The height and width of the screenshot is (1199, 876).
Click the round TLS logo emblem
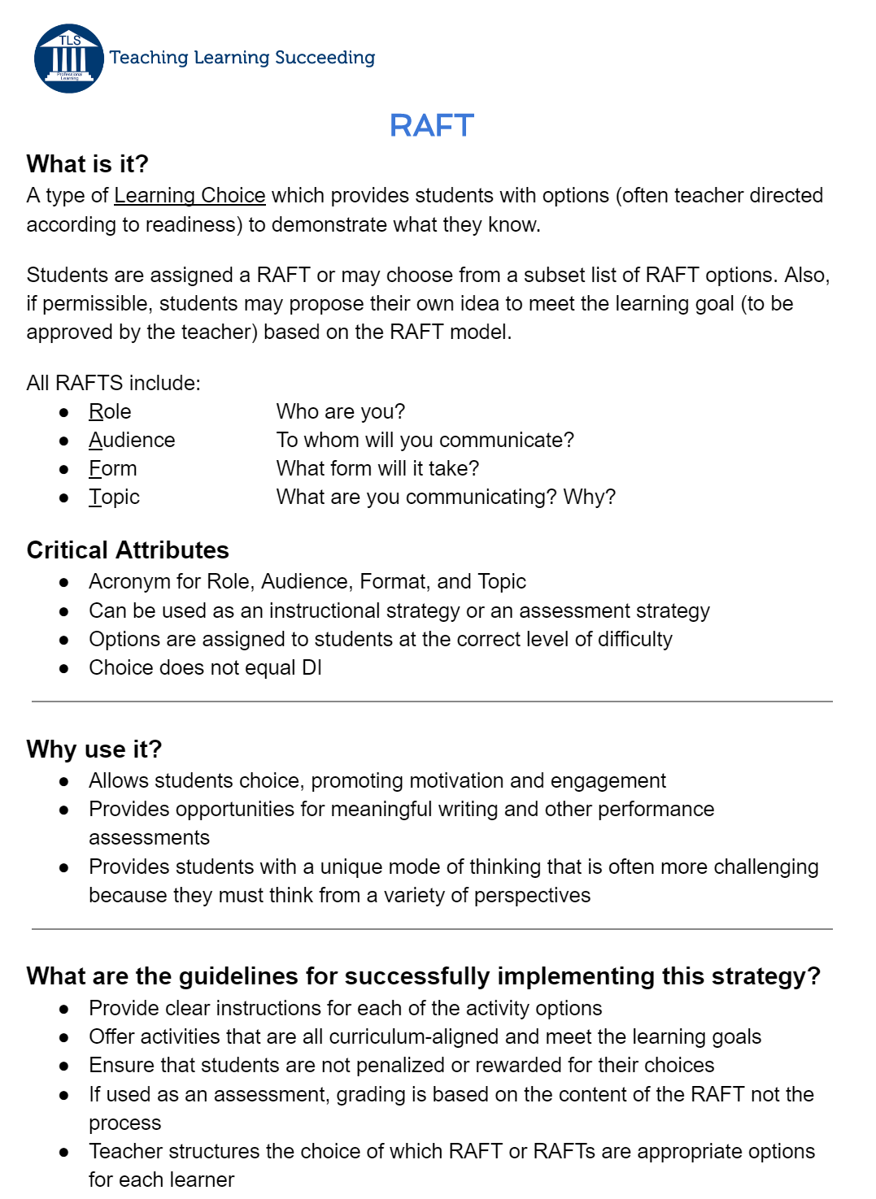[x=69, y=58]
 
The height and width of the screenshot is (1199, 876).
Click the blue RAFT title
[x=431, y=126]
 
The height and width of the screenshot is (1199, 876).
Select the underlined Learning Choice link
[x=190, y=196]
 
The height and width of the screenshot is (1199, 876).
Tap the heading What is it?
[x=88, y=164]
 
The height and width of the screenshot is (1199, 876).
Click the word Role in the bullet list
[x=110, y=412]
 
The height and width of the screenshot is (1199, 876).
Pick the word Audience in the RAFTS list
[x=132, y=441]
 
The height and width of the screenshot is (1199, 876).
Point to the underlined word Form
[x=113, y=469]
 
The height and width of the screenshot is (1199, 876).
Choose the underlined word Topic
[x=115, y=497]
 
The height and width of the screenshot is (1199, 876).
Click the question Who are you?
[x=340, y=412]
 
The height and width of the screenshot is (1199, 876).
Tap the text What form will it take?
[x=377, y=469]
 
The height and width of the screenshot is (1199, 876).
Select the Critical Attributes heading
[x=128, y=550]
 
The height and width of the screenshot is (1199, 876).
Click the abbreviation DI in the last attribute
[x=312, y=668]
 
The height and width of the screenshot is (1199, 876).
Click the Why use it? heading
[x=94, y=749]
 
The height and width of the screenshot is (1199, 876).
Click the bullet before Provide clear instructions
[x=64, y=1010]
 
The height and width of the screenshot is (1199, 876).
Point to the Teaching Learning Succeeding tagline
[x=242, y=58]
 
